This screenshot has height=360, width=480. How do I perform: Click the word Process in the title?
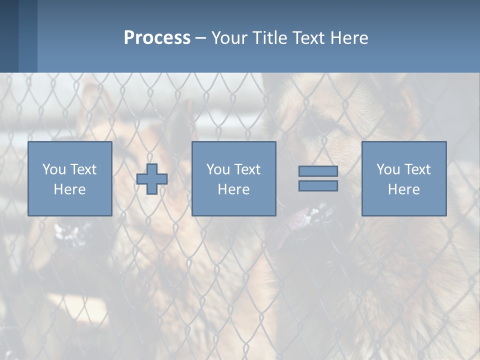[x=157, y=38]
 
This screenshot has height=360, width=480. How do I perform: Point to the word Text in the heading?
[x=309, y=38]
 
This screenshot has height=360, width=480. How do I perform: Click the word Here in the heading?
[x=349, y=38]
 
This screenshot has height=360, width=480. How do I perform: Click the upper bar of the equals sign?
[x=318, y=171]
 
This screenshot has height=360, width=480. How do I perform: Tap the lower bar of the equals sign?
[x=318, y=186]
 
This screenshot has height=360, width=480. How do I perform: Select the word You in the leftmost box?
[x=54, y=169]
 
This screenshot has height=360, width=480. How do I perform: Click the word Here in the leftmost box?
[x=70, y=189]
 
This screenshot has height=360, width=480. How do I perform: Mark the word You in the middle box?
[x=218, y=169]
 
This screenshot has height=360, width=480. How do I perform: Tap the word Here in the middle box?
[x=234, y=189]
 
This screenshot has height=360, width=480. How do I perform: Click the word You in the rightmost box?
[x=388, y=169]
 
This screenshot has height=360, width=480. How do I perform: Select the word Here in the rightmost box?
[x=404, y=189]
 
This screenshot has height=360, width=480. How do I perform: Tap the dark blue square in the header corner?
[x=9, y=36]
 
